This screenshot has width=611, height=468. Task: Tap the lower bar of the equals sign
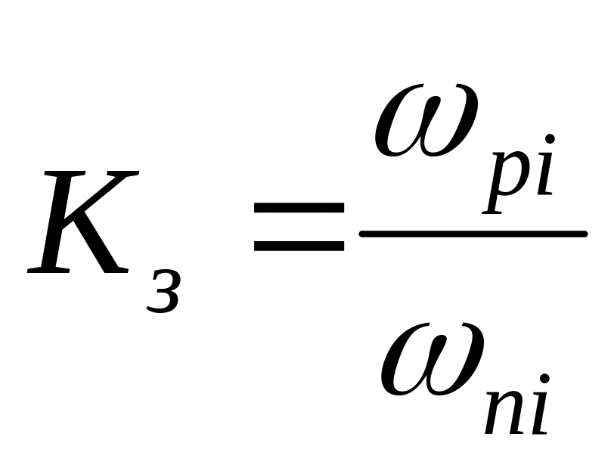[299, 246]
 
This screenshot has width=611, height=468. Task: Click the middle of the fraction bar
[473, 234]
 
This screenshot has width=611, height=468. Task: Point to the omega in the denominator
[431, 360]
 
